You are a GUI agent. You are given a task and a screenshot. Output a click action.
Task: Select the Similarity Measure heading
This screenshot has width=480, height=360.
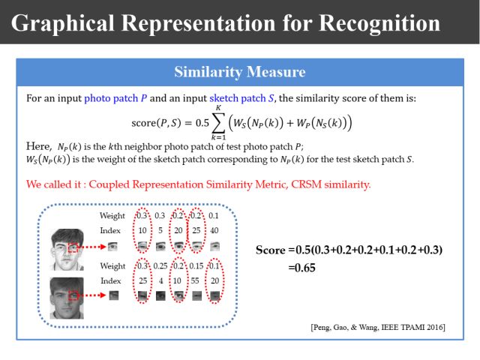240,72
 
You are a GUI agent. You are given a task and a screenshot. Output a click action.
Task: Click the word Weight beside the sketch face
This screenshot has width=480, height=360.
112,216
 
